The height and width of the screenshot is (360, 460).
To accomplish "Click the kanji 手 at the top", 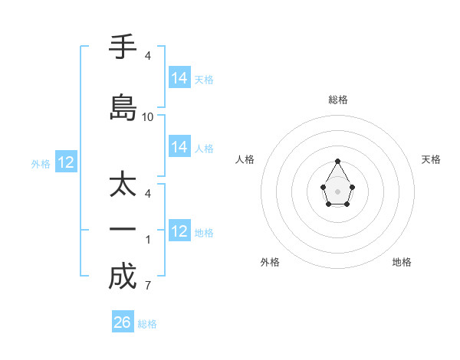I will point(122,48).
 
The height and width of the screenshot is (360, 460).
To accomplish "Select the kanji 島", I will point(122,107).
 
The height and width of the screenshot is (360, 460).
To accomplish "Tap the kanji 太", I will point(122,185).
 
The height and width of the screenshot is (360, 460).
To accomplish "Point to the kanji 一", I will point(122,230).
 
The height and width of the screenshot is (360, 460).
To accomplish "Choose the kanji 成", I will point(122,276).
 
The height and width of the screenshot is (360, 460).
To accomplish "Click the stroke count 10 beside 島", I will point(148,117).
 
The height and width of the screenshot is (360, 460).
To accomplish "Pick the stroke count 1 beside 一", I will point(148,240).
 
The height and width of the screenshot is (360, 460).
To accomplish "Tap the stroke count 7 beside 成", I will point(148,286).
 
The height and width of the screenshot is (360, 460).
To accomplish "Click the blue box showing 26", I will point(122,322).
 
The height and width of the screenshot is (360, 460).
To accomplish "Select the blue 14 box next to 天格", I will point(179,78).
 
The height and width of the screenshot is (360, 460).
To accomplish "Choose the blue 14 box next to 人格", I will point(179,147).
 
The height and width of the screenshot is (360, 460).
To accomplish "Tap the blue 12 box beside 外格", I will point(66,162).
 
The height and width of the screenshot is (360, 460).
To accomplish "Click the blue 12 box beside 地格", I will point(179,231).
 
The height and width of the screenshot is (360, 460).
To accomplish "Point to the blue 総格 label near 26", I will point(147,324).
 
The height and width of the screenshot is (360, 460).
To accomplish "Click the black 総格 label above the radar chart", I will point(338,100).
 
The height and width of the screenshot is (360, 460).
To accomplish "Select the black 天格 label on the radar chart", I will point(432,159).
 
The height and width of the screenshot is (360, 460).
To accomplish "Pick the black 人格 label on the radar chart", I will point(245,159).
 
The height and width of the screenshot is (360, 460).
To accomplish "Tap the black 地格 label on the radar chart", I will point(402,262).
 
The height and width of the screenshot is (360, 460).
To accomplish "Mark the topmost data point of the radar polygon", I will point(338,161).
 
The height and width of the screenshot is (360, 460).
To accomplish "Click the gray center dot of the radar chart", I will point(338,190).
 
